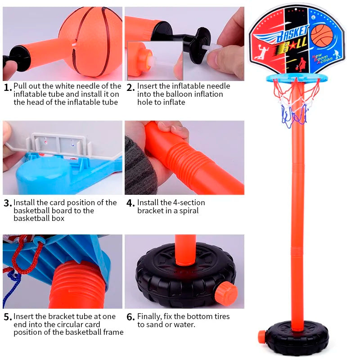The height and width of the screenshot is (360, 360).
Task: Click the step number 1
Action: (x=8, y=87)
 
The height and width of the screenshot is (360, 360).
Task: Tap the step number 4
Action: (x=130, y=203)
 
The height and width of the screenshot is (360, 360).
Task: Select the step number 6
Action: (x=130, y=317)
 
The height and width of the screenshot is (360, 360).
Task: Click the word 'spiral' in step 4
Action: (x=189, y=211)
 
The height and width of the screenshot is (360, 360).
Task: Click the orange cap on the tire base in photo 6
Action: (x=226, y=293)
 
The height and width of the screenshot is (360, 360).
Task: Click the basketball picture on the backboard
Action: (x=322, y=35)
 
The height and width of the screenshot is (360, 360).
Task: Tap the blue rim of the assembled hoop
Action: (x=297, y=78)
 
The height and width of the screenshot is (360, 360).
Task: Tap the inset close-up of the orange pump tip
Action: (x=155, y=61)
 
